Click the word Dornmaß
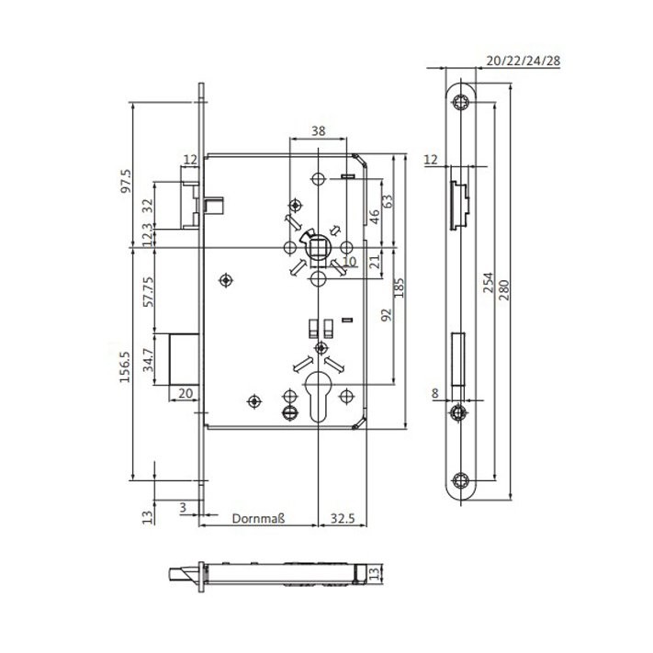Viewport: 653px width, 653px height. [258, 519]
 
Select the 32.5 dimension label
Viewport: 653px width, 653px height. [343, 519]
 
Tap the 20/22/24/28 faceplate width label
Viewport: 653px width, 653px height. [524, 61]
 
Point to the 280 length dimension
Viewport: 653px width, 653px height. [503, 290]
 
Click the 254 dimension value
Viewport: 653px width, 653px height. [488, 282]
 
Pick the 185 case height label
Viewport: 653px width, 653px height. [399, 287]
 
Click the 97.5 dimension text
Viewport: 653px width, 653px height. [126, 181]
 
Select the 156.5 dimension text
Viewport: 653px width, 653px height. [125, 366]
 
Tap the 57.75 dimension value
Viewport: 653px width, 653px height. [148, 291]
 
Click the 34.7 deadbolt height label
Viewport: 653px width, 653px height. [148, 360]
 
